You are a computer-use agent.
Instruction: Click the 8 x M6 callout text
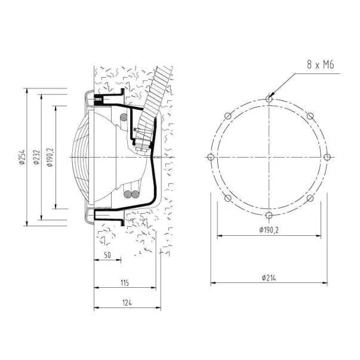pos(321,64)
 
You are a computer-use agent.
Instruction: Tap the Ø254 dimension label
pos(22,157)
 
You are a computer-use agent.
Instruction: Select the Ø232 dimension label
pos(36,157)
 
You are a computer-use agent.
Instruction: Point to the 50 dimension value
pos(107,255)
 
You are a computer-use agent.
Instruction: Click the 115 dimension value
pos(125,283)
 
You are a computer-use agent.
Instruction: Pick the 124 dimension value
pos(127,303)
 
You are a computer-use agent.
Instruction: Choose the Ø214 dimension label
pos(269,278)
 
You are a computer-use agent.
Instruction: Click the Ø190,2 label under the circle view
pos(269,230)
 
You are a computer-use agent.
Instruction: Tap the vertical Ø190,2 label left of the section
pos(50,157)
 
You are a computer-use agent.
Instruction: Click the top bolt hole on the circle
pos(269,99)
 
